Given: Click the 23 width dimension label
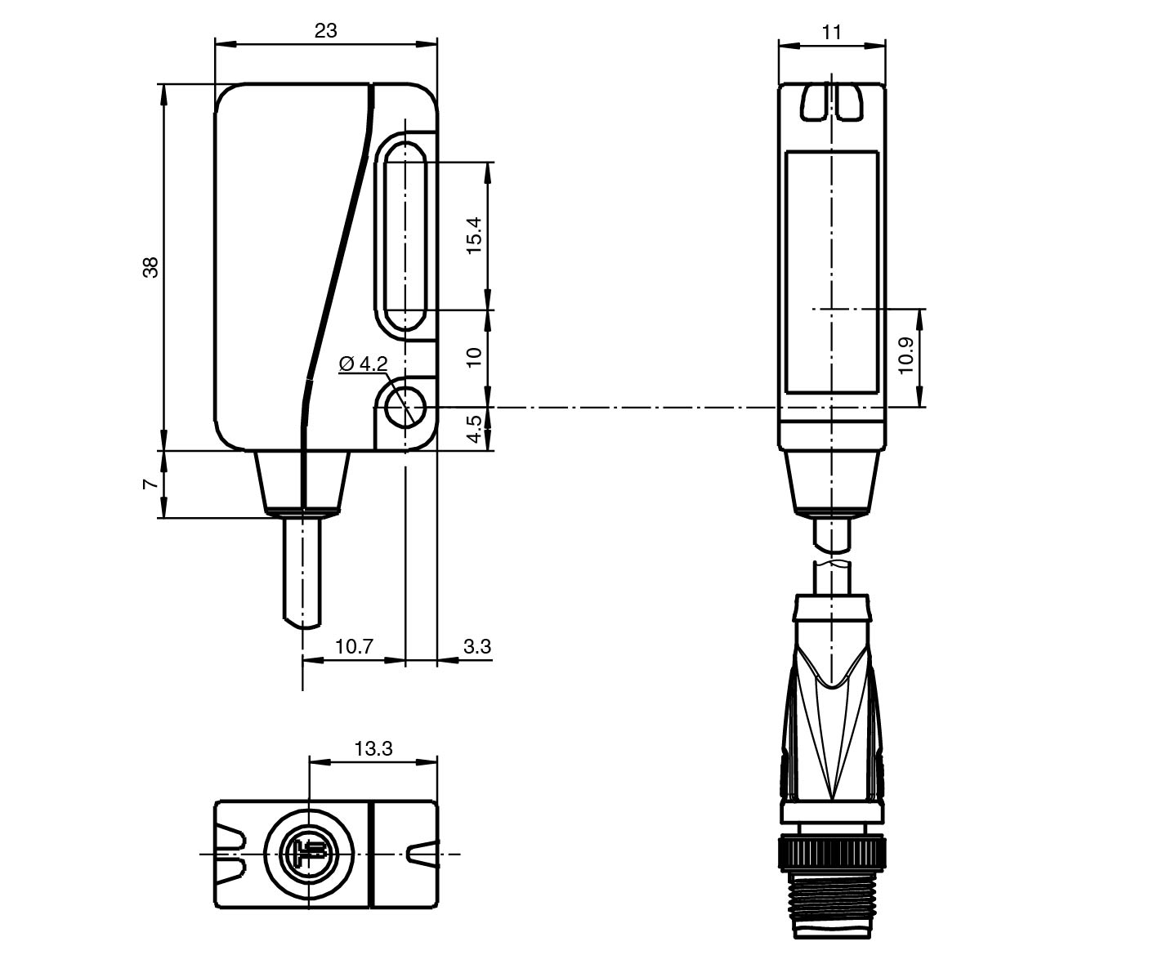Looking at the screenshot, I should click(x=325, y=30).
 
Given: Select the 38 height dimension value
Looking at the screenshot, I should click(x=151, y=267).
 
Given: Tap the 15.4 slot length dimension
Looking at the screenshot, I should click(x=475, y=235).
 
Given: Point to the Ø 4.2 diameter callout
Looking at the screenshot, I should click(x=363, y=364).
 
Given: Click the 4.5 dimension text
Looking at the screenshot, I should click(x=475, y=429).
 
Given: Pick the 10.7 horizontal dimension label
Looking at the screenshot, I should click(x=354, y=646).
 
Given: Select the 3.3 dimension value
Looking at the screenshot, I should click(x=477, y=646).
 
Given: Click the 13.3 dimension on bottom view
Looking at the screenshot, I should click(x=373, y=747).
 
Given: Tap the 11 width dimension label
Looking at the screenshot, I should click(x=832, y=32).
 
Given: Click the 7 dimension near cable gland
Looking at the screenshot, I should click(x=151, y=484).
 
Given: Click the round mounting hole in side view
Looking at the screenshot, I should click(x=405, y=406).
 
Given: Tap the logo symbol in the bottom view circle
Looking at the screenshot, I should click(x=309, y=854).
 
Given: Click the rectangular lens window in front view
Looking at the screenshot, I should click(x=832, y=272).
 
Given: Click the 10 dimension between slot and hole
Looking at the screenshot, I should click(x=475, y=357).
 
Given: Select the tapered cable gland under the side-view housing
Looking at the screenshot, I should click(x=302, y=482).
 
